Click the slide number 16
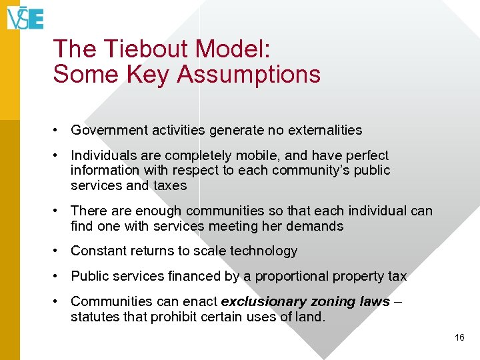tap(459, 338)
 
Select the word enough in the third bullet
tap(161, 211)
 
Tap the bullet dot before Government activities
tap(59, 130)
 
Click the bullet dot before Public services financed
tap(59, 276)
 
